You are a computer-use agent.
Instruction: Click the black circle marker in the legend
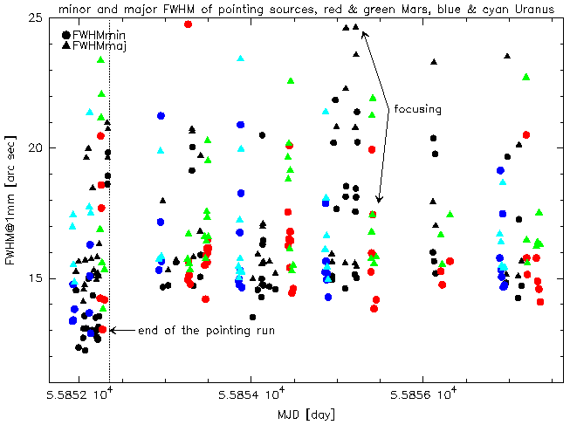(66, 35)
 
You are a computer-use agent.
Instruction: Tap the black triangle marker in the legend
(66, 45)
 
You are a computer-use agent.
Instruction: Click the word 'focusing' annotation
(418, 110)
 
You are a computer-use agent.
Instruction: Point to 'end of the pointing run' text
(188, 331)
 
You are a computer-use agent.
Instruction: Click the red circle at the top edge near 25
(188, 24)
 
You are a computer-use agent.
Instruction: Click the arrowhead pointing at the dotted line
(113, 331)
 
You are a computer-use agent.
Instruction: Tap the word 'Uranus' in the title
(532, 10)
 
